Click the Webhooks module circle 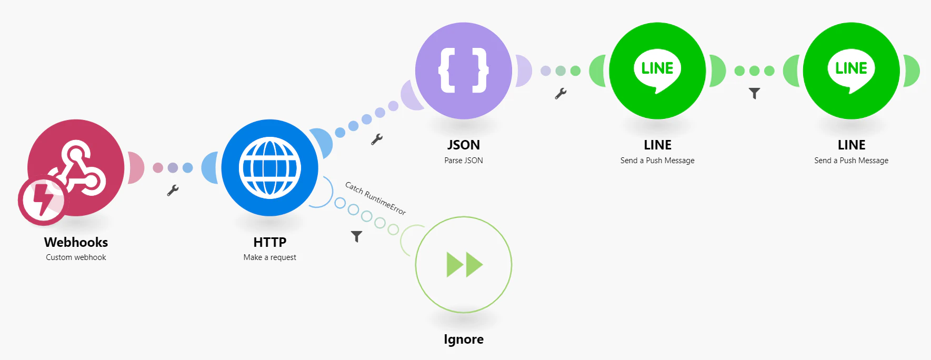click(x=76, y=167)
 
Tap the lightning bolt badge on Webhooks click(x=42, y=201)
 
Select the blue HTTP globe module click(x=270, y=167)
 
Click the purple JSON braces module click(x=464, y=71)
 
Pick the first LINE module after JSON click(x=657, y=71)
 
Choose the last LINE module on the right click(x=852, y=71)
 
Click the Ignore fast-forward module click(x=464, y=265)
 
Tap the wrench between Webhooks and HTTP click(x=173, y=190)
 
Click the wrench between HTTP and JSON click(x=377, y=139)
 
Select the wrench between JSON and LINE click(x=560, y=94)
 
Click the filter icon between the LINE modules click(x=754, y=94)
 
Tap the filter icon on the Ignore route click(x=357, y=237)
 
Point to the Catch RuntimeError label click(x=375, y=198)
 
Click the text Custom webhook click(x=76, y=257)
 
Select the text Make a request click(x=270, y=257)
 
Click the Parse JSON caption click(x=464, y=161)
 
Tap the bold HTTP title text click(x=270, y=242)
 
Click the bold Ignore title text click(x=464, y=339)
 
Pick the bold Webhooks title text click(x=76, y=242)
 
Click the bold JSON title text click(x=464, y=145)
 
